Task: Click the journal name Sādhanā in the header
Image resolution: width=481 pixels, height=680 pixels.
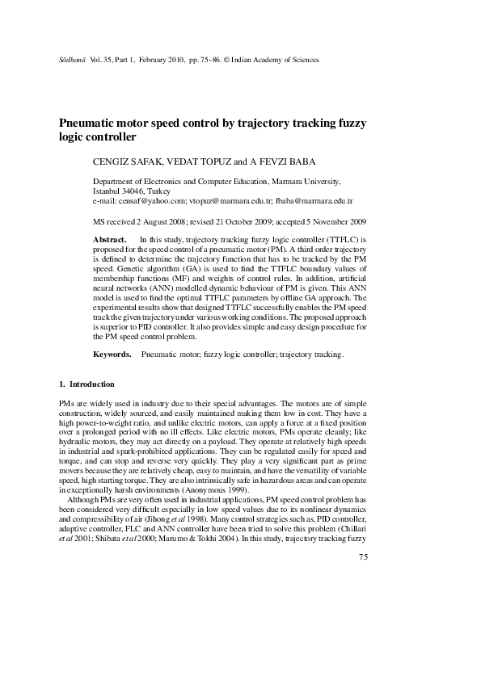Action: [65, 60]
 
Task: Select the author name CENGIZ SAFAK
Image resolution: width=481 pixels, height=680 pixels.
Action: [130, 162]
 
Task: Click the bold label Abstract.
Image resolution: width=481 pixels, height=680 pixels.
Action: [110, 240]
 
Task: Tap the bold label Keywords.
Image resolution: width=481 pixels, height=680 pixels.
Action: [112, 354]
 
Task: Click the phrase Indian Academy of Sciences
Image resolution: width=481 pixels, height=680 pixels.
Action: [275, 60]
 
